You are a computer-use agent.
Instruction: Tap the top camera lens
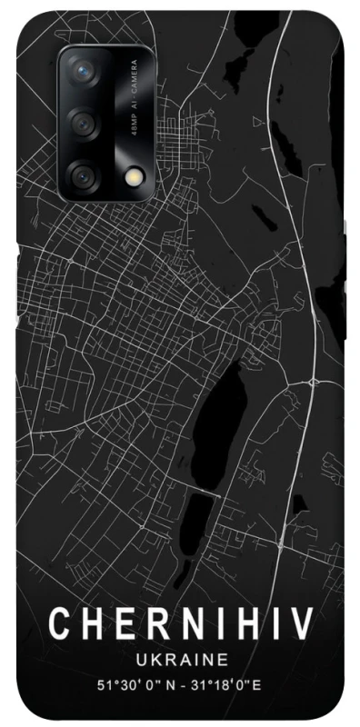tap(85, 71)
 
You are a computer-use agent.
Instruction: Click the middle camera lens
tap(85, 122)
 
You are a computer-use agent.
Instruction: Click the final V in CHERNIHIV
tap(303, 624)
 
